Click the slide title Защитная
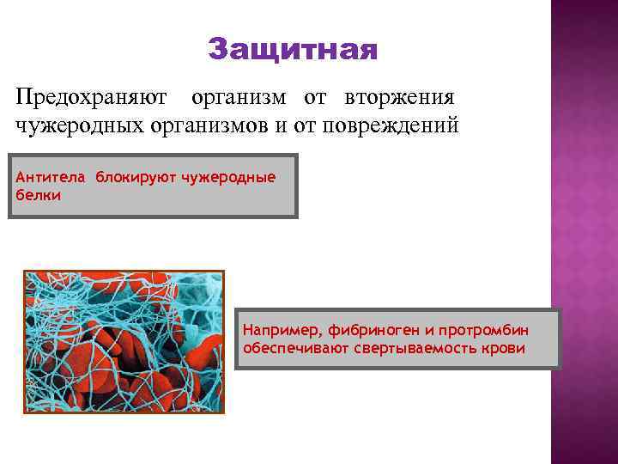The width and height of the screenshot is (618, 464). [292, 50]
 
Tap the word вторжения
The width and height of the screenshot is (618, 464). [399, 96]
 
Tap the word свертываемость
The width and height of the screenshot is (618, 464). [415, 350]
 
